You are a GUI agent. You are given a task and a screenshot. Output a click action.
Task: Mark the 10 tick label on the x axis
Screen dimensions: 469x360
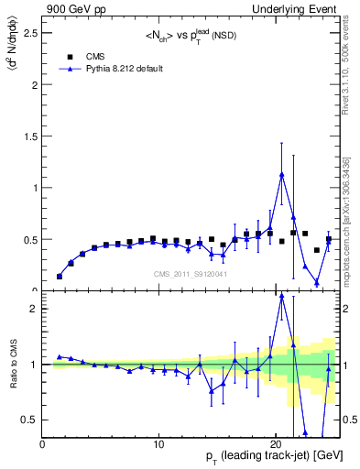pos(159,444)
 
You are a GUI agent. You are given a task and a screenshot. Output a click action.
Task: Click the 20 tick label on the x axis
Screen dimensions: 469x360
pos(276,444)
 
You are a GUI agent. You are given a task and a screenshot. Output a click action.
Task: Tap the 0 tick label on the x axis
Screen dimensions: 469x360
pos(43,444)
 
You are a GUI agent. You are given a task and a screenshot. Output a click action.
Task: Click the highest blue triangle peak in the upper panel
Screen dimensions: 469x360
pos(282,174)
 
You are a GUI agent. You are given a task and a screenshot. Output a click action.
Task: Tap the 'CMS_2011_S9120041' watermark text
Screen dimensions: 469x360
pos(191,273)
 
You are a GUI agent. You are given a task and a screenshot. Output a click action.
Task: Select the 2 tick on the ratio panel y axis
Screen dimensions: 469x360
pos(34,309)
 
